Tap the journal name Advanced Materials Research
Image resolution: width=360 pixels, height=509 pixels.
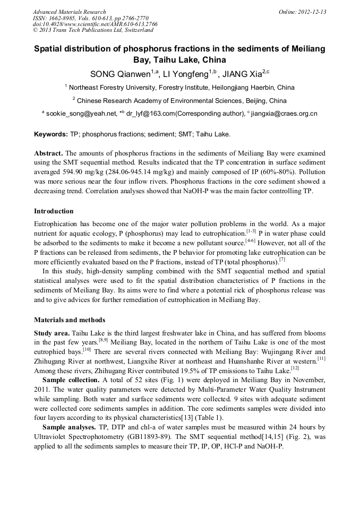[69, 12]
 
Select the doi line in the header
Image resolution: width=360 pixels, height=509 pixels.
[95, 24]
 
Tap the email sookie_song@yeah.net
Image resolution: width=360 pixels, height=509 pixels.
[81, 114]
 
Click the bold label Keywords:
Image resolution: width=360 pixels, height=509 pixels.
[50, 135]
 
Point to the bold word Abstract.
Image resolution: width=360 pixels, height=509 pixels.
[48, 153]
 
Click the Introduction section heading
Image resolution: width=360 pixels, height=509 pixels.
[54, 211]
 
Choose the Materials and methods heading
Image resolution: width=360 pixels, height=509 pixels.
[70, 320]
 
